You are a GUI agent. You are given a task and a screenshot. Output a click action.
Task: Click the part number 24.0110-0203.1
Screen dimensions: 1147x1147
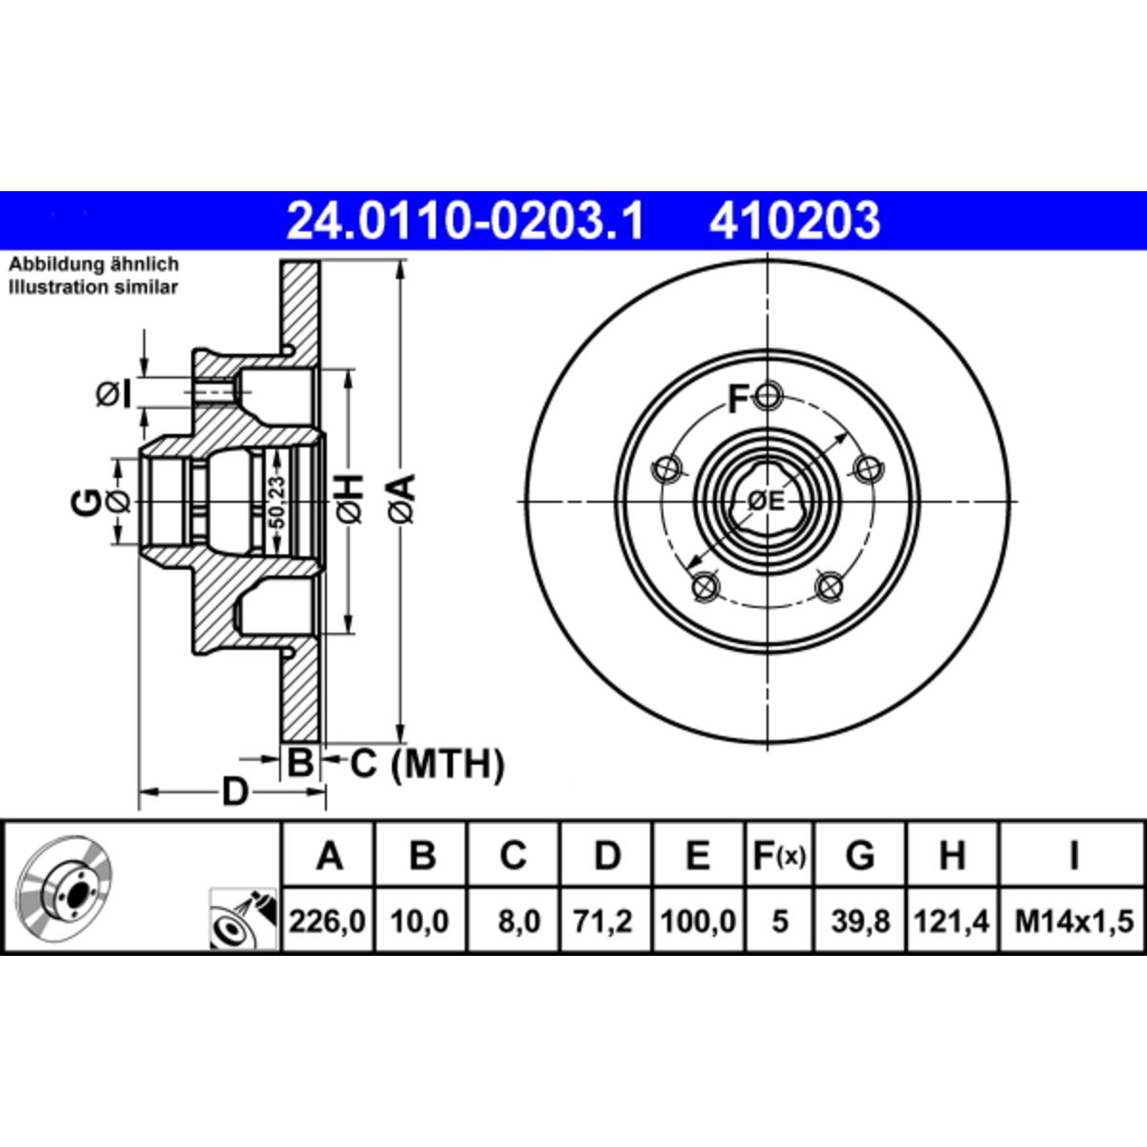[465, 221]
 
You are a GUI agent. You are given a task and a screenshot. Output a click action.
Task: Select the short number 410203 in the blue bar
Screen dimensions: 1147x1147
[794, 221]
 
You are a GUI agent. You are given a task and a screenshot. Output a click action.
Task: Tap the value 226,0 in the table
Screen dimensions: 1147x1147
[327, 922]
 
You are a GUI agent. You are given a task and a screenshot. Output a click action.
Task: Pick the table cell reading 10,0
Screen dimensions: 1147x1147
[419, 922]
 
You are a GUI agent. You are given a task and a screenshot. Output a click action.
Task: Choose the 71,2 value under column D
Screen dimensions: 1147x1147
[603, 922]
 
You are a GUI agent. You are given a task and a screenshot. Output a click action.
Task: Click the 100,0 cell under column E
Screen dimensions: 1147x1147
[698, 922]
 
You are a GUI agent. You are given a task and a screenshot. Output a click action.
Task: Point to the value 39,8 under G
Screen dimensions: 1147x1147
[860, 922]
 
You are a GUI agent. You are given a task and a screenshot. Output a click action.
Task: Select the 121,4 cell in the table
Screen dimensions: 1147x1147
[952, 922]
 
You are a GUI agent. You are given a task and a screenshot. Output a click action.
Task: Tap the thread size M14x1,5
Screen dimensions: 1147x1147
[1073, 922]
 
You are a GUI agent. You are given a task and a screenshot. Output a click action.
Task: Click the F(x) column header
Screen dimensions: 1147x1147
[779, 856]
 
